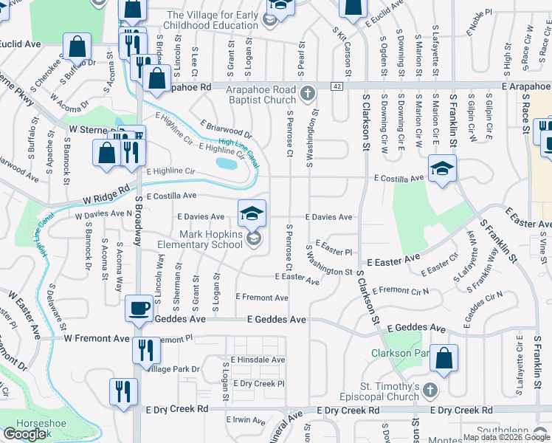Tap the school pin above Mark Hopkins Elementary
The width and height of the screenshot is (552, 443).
pos(252,213)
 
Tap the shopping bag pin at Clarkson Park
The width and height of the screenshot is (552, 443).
pos(446,360)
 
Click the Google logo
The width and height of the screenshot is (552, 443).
pos(25,434)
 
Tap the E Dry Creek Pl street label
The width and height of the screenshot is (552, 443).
pos(258,384)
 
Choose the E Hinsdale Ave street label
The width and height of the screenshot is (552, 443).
pos(257,360)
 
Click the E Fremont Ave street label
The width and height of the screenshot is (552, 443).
pos(261,297)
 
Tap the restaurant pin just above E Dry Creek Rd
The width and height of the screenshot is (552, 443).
pos(123,391)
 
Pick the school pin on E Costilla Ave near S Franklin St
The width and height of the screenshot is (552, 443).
pos(442,169)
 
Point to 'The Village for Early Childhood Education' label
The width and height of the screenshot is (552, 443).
pos(212,20)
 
